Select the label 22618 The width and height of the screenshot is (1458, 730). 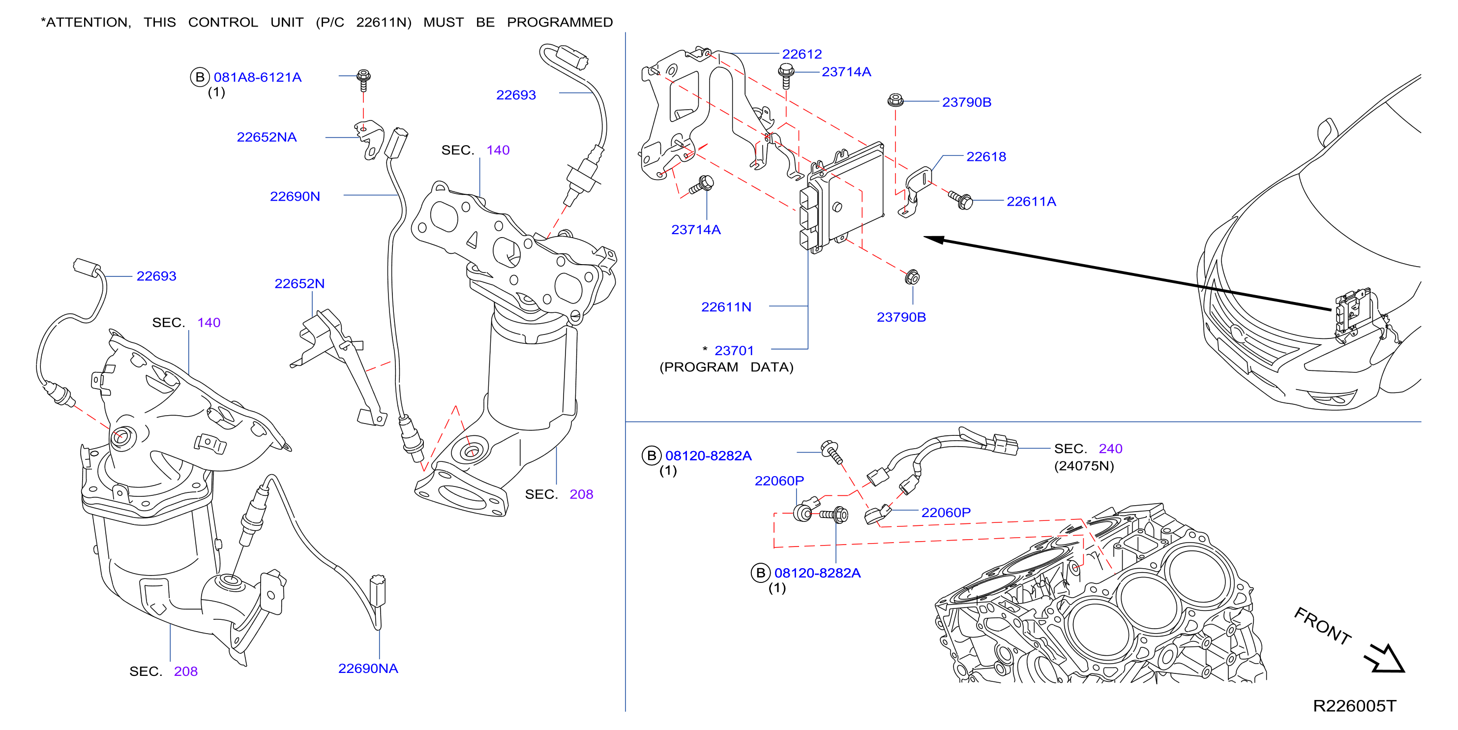(x=986, y=156)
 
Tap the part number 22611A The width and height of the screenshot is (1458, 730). (x=1031, y=201)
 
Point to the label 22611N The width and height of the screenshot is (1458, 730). (x=726, y=307)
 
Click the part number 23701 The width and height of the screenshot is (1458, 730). (x=734, y=351)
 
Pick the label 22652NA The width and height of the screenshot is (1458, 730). (x=267, y=137)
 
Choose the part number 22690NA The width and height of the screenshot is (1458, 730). (x=368, y=669)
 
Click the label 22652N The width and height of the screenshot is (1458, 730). (x=299, y=283)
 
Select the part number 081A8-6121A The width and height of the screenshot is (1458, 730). (x=258, y=77)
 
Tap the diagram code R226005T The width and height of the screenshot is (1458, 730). (x=1354, y=705)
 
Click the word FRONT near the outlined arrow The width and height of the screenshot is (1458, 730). (x=1323, y=626)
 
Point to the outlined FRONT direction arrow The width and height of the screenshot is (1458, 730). (x=1385, y=658)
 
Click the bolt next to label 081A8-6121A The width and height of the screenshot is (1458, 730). (x=363, y=80)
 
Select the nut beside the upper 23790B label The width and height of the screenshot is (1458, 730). (x=895, y=100)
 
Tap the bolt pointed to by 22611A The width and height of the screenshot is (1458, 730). (x=961, y=199)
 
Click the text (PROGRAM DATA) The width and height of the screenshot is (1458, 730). (x=726, y=367)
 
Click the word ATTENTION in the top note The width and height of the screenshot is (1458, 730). (x=88, y=22)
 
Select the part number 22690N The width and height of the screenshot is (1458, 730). (x=295, y=196)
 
